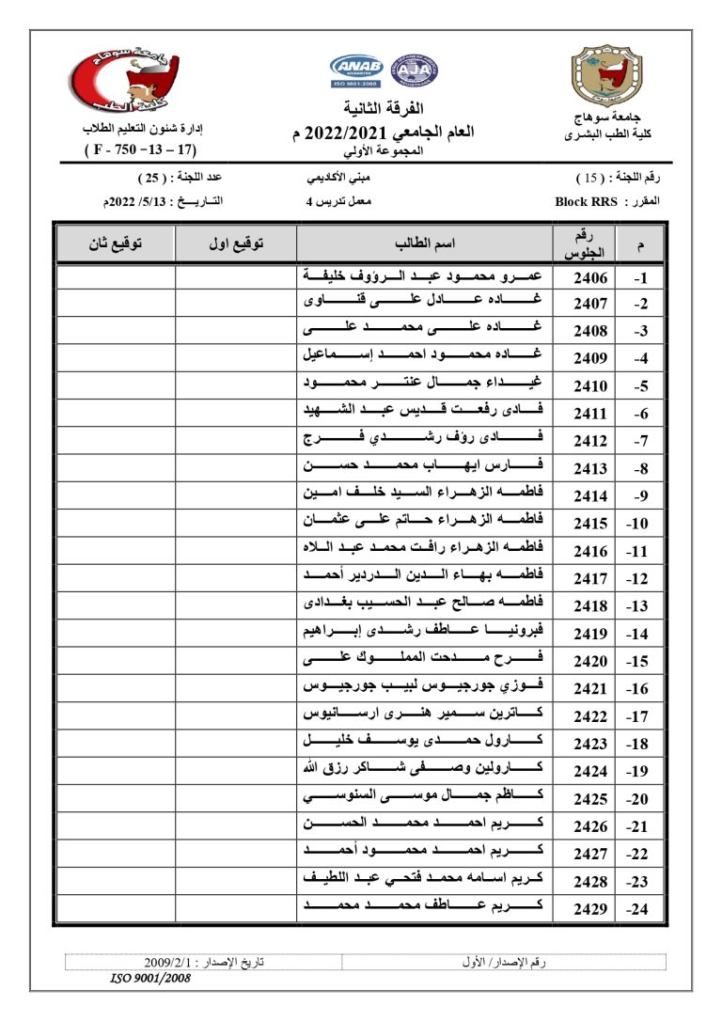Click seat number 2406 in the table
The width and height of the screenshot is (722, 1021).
(x=591, y=278)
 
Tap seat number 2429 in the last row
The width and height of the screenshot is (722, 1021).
(x=591, y=910)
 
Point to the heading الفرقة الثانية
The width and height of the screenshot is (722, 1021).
(x=385, y=106)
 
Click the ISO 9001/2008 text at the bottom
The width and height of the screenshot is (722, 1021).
(x=151, y=979)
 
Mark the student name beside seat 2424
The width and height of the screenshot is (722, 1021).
(x=425, y=772)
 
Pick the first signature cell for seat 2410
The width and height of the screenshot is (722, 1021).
(x=235, y=385)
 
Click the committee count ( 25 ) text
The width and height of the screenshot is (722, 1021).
(x=150, y=178)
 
